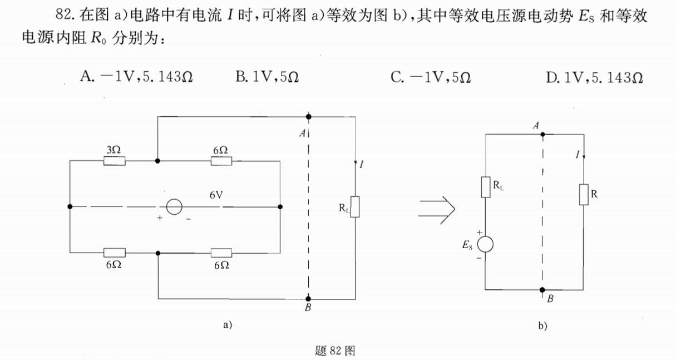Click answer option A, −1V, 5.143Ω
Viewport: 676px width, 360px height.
(136, 77)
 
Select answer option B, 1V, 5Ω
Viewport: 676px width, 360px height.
(267, 77)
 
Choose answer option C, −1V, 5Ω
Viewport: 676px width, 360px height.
(431, 77)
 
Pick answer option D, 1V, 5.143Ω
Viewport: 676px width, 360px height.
(595, 77)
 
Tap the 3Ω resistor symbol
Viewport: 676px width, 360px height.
(114, 161)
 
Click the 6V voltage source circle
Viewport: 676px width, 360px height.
(174, 207)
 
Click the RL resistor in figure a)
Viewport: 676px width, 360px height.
(355, 206)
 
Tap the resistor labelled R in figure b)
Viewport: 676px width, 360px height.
(583, 195)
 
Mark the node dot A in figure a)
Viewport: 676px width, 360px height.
(308, 117)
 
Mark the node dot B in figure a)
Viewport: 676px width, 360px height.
(308, 299)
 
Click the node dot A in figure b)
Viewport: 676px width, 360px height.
(542, 134)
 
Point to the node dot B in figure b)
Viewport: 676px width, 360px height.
(542, 290)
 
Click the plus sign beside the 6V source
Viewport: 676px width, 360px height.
(160, 219)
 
